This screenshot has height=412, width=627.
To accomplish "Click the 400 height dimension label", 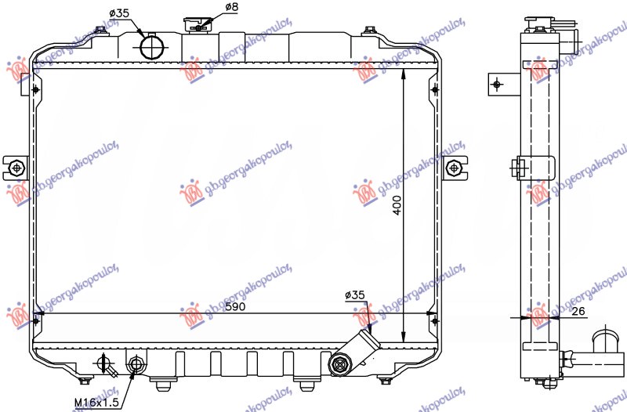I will pos(397,206).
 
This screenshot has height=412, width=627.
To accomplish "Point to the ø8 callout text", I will pos(231,8).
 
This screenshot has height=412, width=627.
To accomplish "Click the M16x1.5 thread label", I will pos(96,402).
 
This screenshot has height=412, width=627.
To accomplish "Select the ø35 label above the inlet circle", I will pos(119,13).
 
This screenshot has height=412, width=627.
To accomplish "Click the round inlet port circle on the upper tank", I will pos(153,47).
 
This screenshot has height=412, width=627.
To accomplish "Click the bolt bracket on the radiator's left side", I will pos(16,167).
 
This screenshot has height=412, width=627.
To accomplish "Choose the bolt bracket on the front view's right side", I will pos(455,167).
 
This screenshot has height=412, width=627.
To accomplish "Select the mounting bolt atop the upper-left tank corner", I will pos(100,31).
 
